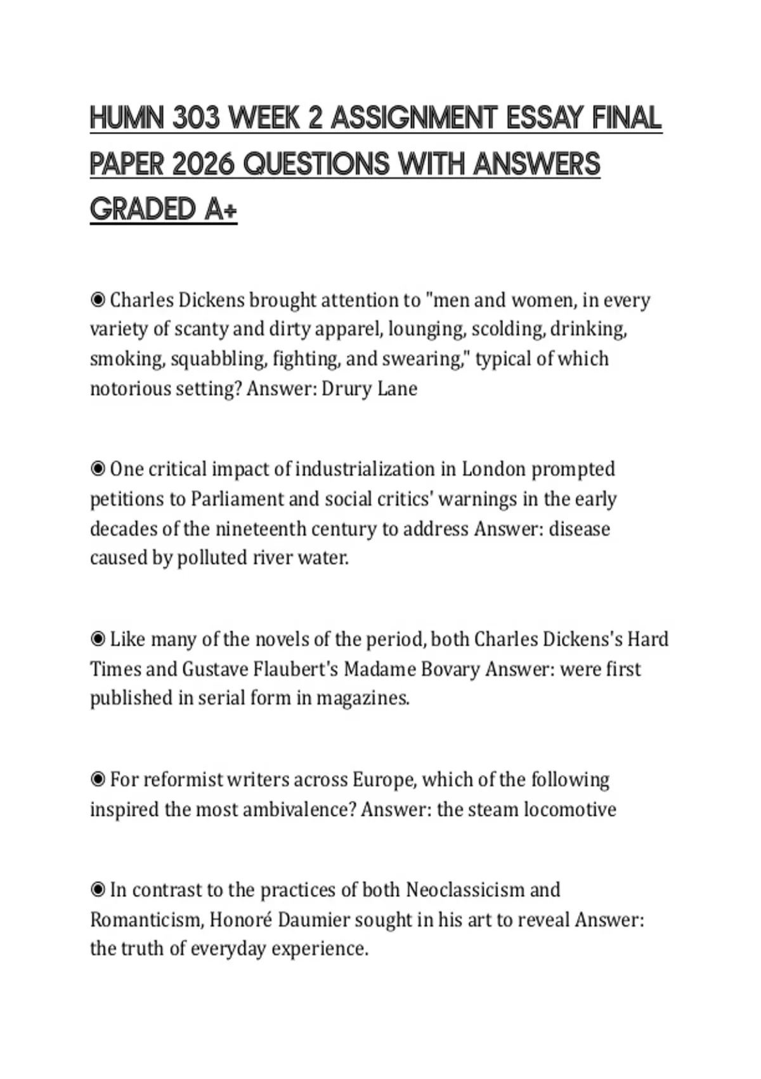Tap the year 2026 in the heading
205,164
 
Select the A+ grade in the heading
221,209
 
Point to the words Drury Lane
370,388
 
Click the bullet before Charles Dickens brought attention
98,299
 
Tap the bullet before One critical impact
98,469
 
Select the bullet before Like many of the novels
98,639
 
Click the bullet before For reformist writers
98,779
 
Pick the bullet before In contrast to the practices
98,890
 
